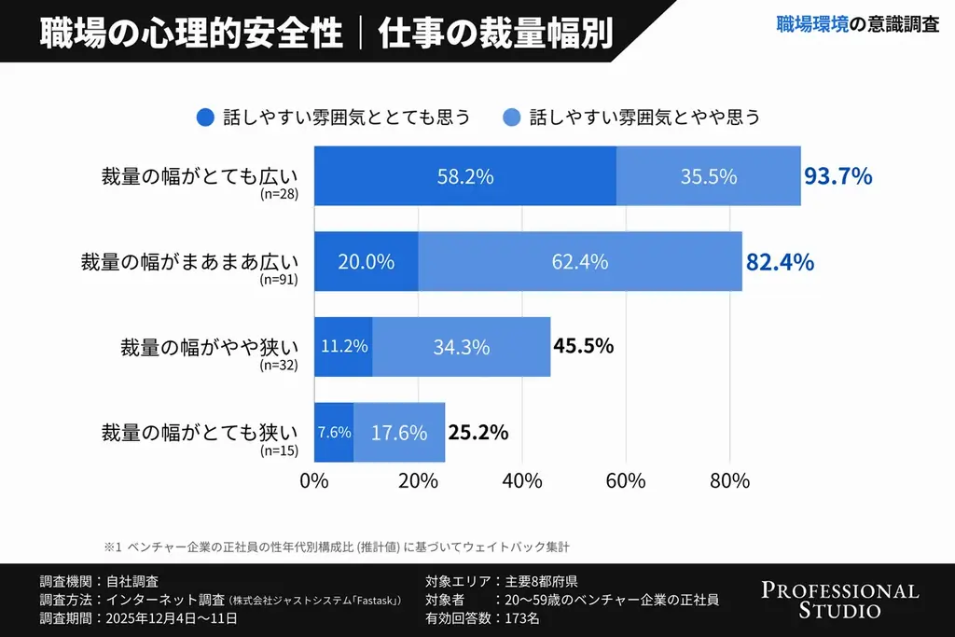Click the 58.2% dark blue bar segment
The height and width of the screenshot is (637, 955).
(464, 176)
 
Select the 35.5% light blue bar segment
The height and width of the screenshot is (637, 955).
(708, 176)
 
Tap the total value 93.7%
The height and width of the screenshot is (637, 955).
(837, 176)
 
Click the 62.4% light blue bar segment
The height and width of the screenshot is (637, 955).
(579, 262)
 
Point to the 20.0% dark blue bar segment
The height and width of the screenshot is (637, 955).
(366, 262)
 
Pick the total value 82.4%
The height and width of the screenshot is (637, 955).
(780, 262)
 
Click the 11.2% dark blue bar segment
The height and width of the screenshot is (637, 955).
(343, 347)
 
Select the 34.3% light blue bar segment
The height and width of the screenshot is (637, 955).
(461, 347)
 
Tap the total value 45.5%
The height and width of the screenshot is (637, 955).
(583, 346)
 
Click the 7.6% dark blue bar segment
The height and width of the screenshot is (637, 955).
(334, 433)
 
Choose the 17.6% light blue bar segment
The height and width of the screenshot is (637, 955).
(399, 433)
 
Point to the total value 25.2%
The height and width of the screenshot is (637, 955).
(477, 432)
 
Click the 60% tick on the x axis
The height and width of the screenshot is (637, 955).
(626, 481)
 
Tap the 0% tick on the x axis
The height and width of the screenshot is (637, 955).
(314, 481)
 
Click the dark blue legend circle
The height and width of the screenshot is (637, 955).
(205, 118)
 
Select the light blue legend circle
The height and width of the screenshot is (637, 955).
(511, 118)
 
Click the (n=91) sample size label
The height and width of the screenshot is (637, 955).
(279, 279)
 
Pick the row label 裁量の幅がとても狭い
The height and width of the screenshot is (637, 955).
(199, 432)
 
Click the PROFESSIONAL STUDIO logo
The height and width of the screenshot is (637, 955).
(839, 601)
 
